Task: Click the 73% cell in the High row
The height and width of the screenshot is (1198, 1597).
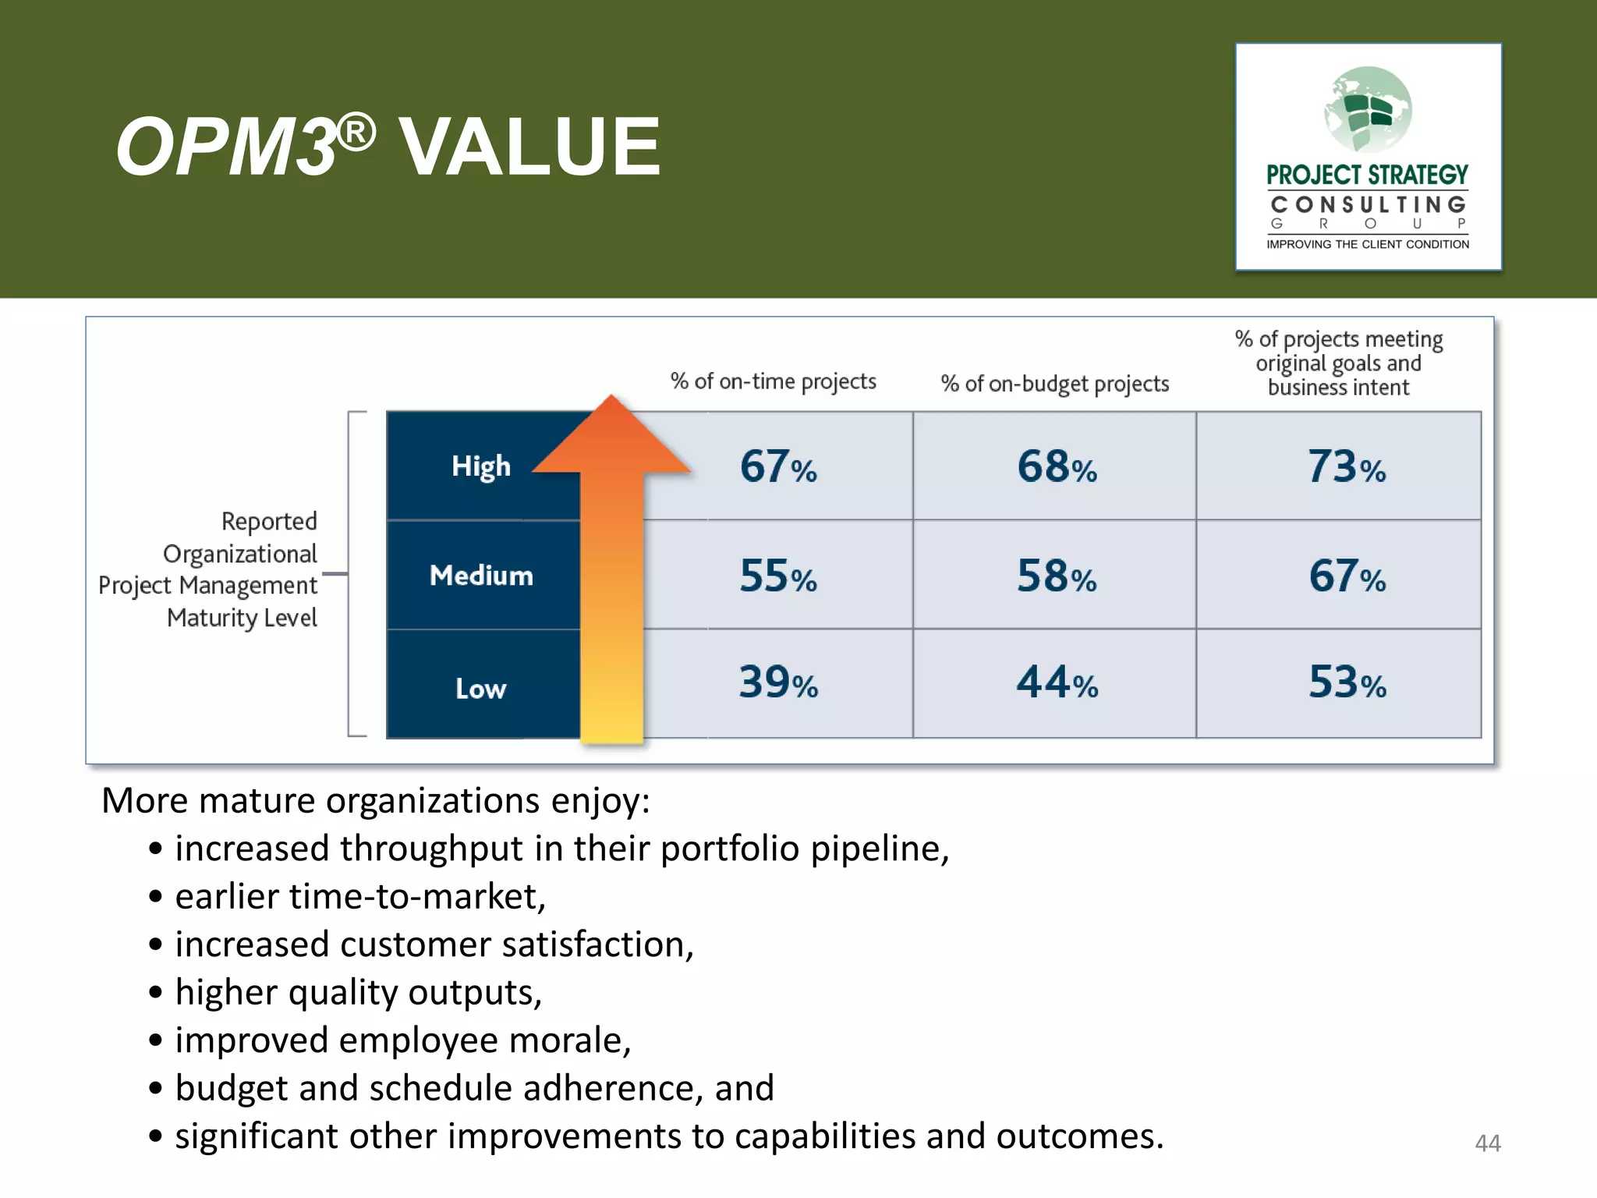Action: (1346, 466)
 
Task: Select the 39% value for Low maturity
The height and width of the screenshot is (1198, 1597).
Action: (778, 682)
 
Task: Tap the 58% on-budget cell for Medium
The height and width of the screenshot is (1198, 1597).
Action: (1056, 576)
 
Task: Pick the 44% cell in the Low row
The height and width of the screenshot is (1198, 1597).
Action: (1056, 682)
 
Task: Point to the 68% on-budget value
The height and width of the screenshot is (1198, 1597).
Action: (1056, 466)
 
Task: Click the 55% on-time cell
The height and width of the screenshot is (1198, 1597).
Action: (778, 576)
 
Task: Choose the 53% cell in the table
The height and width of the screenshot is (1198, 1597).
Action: (1346, 682)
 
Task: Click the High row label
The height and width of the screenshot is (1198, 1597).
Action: (481, 466)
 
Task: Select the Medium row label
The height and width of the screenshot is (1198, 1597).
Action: (481, 576)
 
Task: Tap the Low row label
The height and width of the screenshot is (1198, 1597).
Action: (481, 689)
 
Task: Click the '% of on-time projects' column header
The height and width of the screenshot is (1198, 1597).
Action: (773, 381)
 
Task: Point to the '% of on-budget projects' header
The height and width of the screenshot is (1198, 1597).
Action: (1054, 384)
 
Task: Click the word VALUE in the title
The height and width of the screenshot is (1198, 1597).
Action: (529, 147)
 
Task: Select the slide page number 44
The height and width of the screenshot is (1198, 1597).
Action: (1487, 1143)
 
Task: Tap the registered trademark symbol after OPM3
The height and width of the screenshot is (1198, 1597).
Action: (357, 133)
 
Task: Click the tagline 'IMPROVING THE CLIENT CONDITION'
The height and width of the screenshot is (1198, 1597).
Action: (1368, 244)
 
